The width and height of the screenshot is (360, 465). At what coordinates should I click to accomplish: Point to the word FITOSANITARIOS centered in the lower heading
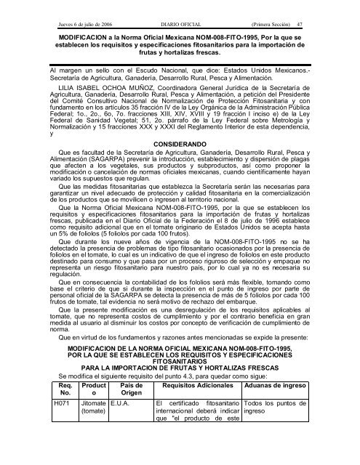click(x=180, y=385)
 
